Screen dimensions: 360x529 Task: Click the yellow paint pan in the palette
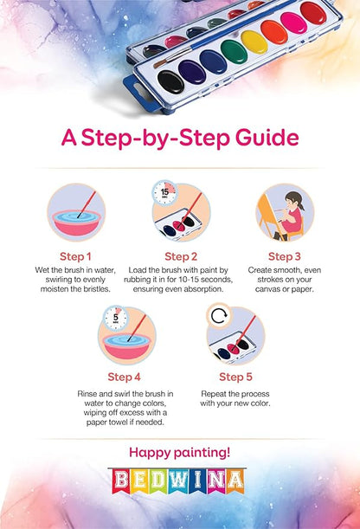click(x=254, y=42)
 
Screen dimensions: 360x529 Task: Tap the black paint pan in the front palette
click(x=170, y=82)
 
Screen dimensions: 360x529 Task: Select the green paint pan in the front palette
click(x=234, y=52)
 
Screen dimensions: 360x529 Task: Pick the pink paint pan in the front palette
click(x=294, y=23)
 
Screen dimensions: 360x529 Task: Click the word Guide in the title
click(x=267, y=138)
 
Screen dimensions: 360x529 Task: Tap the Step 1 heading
click(x=75, y=256)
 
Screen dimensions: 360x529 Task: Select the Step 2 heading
click(x=181, y=256)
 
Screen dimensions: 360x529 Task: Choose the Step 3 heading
click(x=284, y=256)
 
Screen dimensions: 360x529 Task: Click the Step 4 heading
click(x=124, y=377)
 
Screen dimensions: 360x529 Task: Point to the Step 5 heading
click(x=235, y=377)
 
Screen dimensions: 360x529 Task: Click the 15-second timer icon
click(x=164, y=193)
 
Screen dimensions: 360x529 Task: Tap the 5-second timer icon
click(x=116, y=318)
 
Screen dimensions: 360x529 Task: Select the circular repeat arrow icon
click(x=219, y=316)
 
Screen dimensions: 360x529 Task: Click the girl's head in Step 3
click(x=293, y=200)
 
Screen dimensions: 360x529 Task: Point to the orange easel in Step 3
click(x=268, y=216)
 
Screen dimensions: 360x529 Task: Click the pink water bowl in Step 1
click(x=76, y=223)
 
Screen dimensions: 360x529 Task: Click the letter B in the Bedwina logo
click(x=120, y=481)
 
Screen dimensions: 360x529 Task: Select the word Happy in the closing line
click(x=150, y=453)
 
